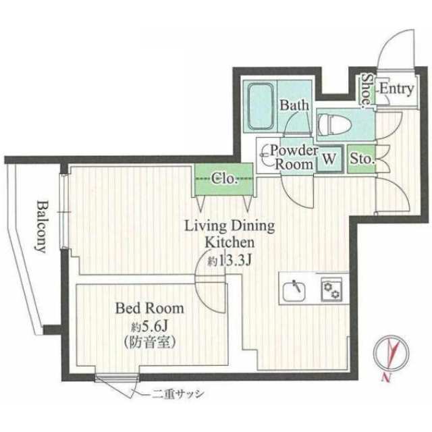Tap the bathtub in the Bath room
(x=261, y=106)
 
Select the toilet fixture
(x=335, y=124)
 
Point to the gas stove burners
(x=331, y=290)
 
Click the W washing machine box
(x=330, y=159)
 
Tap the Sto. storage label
(x=362, y=159)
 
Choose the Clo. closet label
(x=224, y=179)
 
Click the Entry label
(x=397, y=89)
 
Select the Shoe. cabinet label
(x=367, y=89)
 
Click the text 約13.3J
(x=230, y=261)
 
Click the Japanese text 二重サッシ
(x=178, y=394)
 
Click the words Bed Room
(x=150, y=308)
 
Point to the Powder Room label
(x=294, y=157)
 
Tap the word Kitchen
(x=230, y=243)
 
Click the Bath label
(x=294, y=105)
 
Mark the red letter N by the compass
(x=386, y=377)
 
